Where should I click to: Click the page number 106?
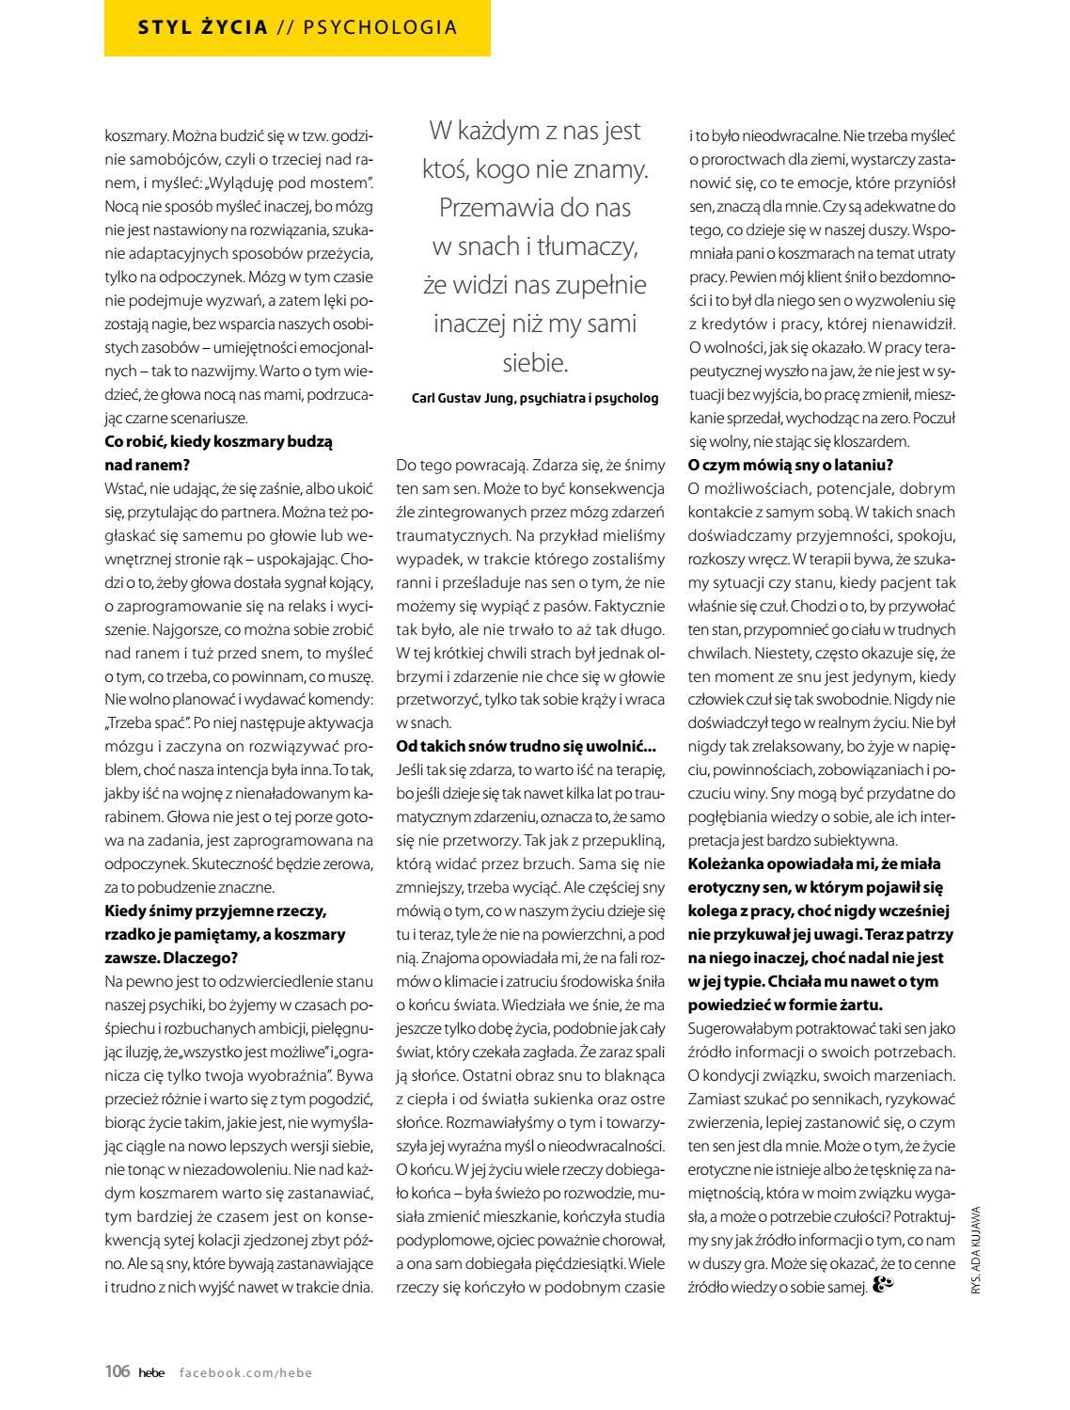pos(117,1371)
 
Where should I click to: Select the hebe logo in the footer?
pos(150,1372)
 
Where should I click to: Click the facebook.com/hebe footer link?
pos(245,1372)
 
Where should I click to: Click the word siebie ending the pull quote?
pos(534,362)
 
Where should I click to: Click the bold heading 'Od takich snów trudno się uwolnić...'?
pos(526,746)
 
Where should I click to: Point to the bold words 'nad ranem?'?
pos(147,465)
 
